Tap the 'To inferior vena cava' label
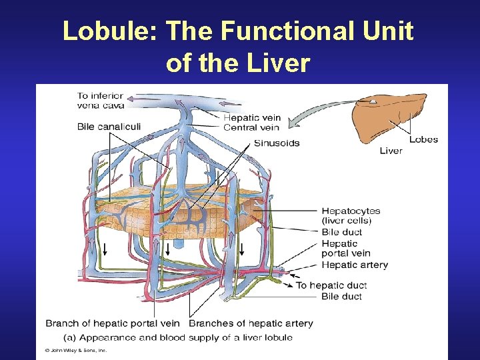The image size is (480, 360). click(101, 100)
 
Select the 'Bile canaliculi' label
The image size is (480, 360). click(109, 127)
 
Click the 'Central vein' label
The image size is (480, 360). click(251, 128)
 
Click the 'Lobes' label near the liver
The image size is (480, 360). click(423, 139)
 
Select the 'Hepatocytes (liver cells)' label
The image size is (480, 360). click(347, 215)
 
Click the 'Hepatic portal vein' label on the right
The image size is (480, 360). click(345, 248)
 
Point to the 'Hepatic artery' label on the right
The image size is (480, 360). click(354, 265)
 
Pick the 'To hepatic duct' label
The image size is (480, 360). click(331, 285)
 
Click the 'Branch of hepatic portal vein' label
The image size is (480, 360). click(114, 323)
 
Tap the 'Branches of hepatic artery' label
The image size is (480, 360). click(251, 323)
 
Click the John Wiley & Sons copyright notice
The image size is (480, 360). click(75, 351)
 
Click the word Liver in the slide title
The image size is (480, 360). click(279, 63)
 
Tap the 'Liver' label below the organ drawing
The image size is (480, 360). click(391, 151)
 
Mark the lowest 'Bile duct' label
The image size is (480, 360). click(341, 296)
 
